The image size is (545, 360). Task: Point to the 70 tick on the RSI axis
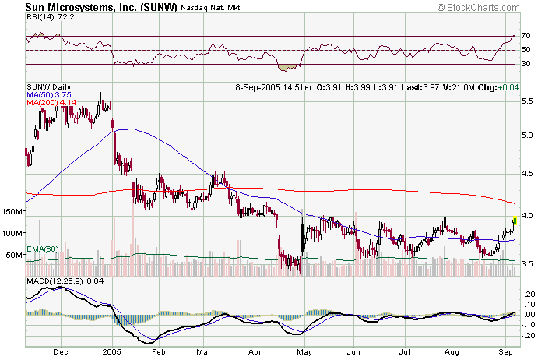tap(526, 36)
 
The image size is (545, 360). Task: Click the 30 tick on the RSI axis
tap(526, 65)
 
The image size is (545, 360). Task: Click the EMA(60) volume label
tap(41, 249)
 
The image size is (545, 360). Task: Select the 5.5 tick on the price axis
tap(527, 101)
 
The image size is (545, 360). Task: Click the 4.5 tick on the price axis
tap(527, 174)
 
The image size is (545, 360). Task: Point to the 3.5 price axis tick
tap(527, 265)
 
